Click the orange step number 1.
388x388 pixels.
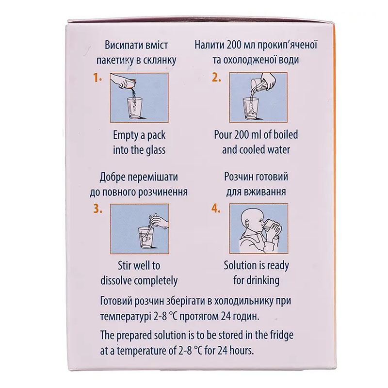coord(97,78)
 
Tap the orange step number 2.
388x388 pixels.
coord(216,78)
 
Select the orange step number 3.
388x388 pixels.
coord(98,210)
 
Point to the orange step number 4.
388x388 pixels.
coord(216,210)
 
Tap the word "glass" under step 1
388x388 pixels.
coord(153,150)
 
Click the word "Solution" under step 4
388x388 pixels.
coord(240,265)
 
